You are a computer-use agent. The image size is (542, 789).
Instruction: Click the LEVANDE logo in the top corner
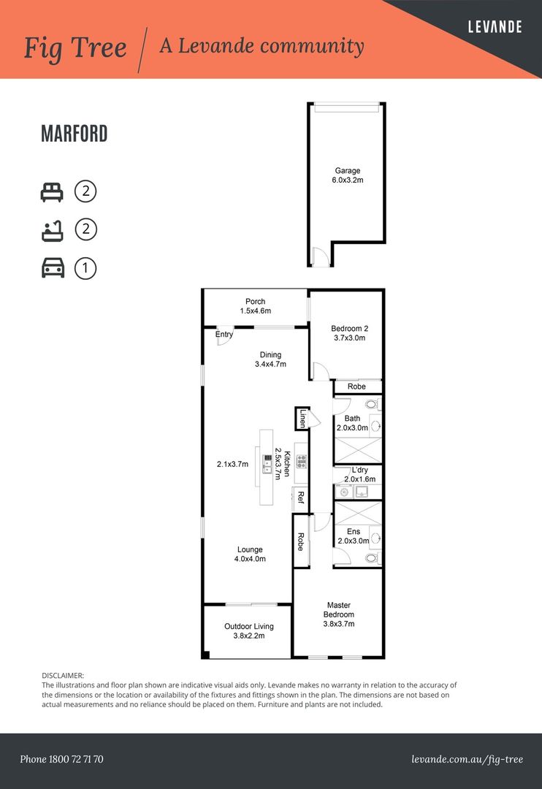[495, 27]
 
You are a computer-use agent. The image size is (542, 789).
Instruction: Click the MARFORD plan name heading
[75, 134]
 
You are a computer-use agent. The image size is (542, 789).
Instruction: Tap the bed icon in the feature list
[51, 192]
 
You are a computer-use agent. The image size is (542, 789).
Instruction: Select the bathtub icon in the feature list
[51, 230]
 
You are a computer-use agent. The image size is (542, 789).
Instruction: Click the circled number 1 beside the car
[85, 268]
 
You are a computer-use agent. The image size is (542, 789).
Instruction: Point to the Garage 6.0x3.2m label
[348, 175]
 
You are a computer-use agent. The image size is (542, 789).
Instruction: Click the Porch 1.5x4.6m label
[255, 306]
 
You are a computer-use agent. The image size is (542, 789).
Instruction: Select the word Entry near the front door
[224, 335]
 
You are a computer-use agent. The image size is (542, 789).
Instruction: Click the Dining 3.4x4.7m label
[270, 359]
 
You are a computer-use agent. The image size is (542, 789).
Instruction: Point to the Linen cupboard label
[302, 419]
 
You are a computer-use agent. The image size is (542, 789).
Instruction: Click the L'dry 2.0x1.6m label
[359, 474]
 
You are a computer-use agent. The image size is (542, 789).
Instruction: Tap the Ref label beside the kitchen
[299, 498]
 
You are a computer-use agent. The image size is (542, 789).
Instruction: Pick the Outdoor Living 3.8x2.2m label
[248, 630]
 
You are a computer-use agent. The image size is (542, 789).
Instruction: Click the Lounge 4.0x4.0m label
[249, 554]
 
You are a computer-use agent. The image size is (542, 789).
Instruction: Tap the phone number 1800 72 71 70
[61, 759]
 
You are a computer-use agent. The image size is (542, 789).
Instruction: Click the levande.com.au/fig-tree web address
[467, 759]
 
